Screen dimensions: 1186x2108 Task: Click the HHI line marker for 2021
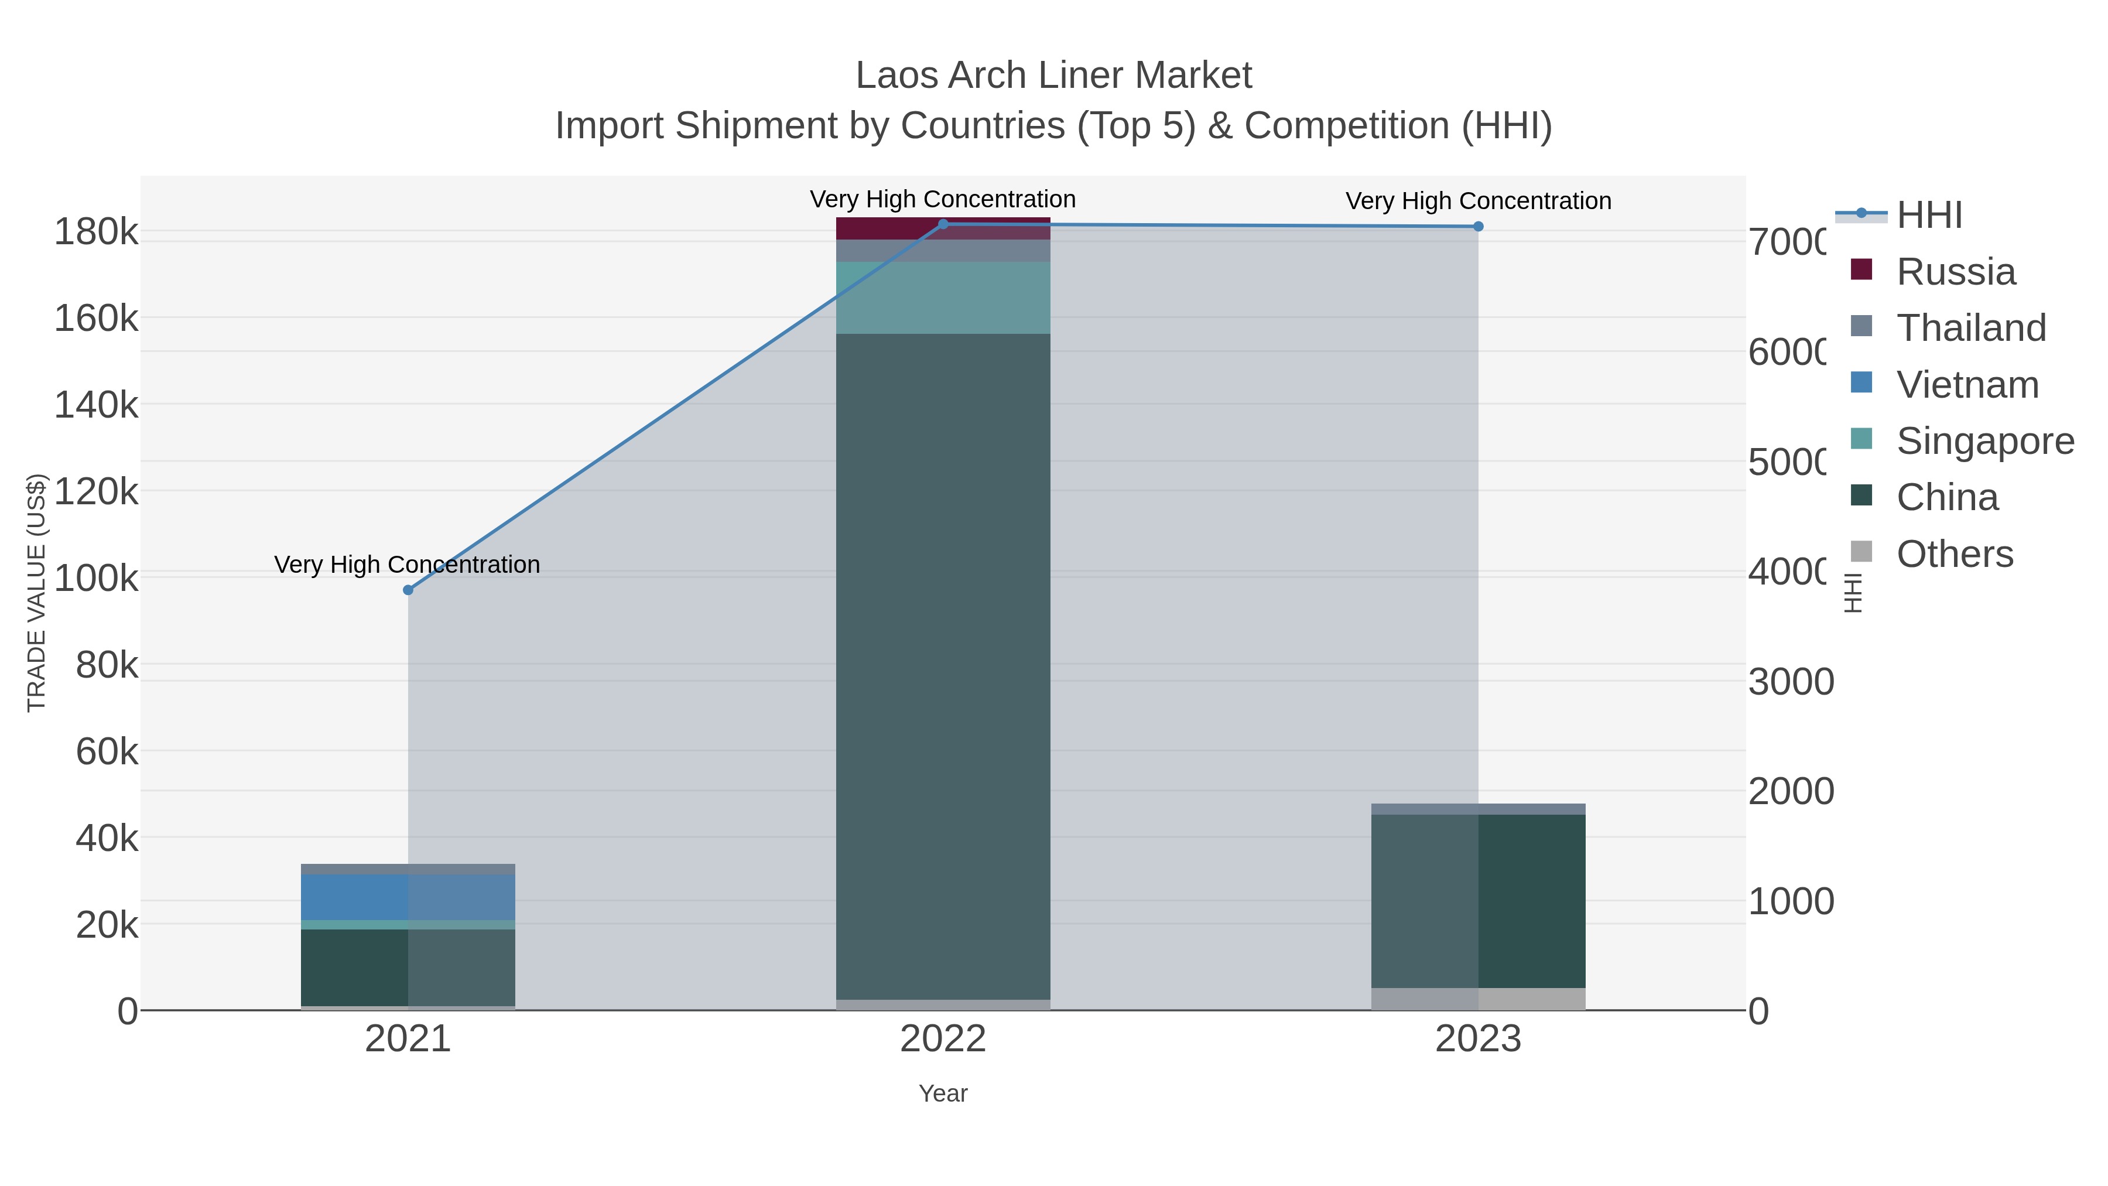[408, 590]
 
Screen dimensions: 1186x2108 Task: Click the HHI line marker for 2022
[943, 224]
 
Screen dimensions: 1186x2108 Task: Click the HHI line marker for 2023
[1478, 227]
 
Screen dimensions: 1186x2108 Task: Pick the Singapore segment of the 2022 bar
[943, 298]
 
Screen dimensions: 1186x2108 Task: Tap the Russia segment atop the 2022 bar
[943, 228]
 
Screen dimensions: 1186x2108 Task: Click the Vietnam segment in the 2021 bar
[408, 897]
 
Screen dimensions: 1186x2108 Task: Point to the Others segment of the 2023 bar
[1478, 999]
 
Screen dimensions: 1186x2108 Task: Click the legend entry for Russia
[1956, 272]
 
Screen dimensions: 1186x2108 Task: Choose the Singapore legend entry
[1984, 441]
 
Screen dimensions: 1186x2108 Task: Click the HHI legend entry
[1929, 216]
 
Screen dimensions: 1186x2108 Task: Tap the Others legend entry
[1954, 554]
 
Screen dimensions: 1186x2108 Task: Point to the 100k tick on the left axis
[97, 579]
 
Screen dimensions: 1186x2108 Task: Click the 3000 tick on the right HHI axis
[1791, 682]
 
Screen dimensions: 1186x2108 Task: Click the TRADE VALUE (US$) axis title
[37, 593]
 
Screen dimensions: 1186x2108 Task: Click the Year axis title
[943, 1093]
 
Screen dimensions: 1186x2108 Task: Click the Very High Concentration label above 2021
[407, 565]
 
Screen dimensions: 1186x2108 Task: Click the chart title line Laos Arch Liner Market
[1053, 76]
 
